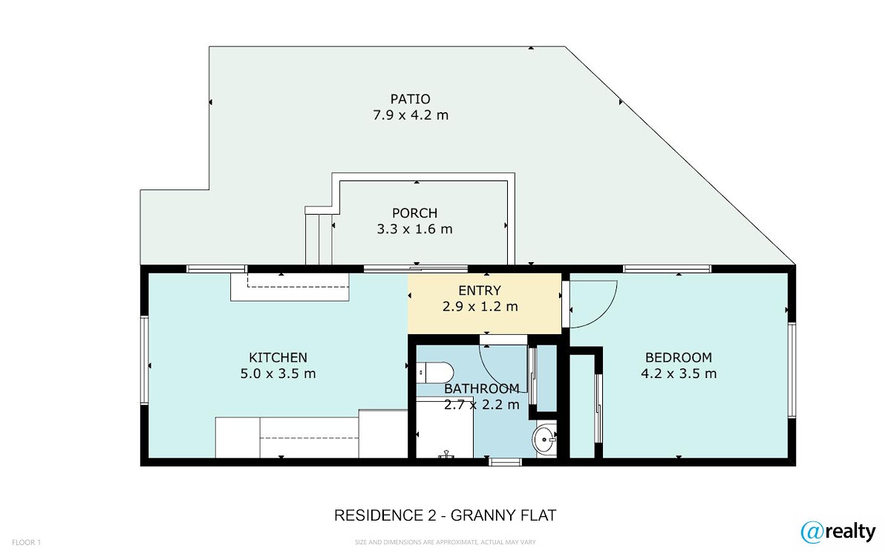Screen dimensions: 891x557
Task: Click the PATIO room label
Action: coord(410,99)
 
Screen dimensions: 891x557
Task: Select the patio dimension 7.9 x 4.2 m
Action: coord(411,115)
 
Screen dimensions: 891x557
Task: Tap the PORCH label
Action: coord(414,213)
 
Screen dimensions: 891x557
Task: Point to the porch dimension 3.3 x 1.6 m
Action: coord(414,229)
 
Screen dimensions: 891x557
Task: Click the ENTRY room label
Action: coord(480,291)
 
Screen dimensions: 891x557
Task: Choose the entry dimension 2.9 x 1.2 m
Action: coord(480,307)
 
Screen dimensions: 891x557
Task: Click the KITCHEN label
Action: coord(278,358)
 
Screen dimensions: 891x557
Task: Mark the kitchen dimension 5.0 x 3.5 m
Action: coord(278,374)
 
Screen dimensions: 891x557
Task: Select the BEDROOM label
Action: coord(679,358)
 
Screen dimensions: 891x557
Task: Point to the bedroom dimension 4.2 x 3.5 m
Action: coord(679,374)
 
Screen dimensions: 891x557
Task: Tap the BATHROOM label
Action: coord(482,388)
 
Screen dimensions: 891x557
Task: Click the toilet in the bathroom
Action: coord(435,373)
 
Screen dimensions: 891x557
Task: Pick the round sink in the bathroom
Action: coord(544,440)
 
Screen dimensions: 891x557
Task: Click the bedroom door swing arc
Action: coord(604,314)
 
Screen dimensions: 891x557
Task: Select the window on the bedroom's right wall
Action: coord(792,371)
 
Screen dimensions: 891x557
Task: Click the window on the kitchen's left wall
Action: coord(144,360)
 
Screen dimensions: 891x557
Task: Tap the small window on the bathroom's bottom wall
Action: coord(505,462)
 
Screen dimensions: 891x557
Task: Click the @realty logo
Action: coord(838,532)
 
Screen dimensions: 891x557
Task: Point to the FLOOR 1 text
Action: coord(26,542)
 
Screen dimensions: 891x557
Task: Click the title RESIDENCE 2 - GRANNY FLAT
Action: coord(445,515)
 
